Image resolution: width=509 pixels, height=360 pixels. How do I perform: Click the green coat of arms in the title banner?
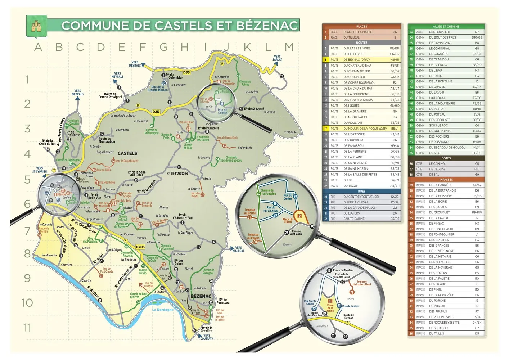36,26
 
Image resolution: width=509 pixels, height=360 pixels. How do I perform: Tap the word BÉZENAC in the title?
267,26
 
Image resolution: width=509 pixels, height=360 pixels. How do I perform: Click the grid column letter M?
289,47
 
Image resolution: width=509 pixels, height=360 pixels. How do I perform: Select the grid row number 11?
27,328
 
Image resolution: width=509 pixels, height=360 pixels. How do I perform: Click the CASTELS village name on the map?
127,153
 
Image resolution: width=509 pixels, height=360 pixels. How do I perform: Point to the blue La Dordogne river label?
162,310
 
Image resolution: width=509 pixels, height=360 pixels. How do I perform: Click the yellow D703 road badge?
140,247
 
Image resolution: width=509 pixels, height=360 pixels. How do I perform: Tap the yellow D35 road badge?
186,72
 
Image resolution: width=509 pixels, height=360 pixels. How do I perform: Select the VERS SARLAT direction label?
277,58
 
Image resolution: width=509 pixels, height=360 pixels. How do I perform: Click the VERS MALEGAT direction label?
238,249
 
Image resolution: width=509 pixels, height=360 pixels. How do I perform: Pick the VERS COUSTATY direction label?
207,337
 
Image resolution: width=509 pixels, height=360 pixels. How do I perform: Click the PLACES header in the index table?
361,27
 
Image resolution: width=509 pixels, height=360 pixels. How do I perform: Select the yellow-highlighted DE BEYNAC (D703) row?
361,60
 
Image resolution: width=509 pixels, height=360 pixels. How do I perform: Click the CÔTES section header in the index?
446,158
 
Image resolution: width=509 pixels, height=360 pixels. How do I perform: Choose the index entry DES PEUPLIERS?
440,32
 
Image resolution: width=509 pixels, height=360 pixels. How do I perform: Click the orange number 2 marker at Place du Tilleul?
299,216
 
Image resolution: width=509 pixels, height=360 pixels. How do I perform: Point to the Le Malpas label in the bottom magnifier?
322,326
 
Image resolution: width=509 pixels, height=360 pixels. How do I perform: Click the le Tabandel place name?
290,132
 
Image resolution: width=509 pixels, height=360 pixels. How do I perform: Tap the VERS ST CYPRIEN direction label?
40,170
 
